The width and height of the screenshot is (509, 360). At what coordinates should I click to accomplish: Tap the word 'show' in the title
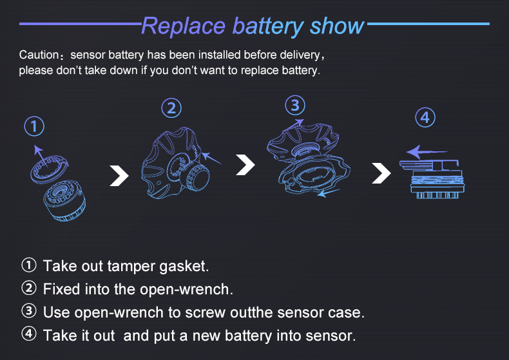[x=337, y=26]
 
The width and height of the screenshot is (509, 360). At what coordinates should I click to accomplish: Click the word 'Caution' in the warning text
[x=40, y=55]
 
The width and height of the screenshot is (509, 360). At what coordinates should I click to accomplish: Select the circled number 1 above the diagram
[x=35, y=126]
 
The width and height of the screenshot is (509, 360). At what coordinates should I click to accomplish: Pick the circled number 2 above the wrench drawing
[x=171, y=108]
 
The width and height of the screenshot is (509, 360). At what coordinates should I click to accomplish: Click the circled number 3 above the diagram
[x=294, y=104]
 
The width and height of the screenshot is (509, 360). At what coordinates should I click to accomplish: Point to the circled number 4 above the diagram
[x=424, y=117]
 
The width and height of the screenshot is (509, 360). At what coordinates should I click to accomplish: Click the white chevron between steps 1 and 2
[x=119, y=175]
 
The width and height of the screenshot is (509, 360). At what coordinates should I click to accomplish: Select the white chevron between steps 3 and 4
[x=381, y=172]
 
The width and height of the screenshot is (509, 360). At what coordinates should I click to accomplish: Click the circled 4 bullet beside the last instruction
[x=29, y=335]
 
